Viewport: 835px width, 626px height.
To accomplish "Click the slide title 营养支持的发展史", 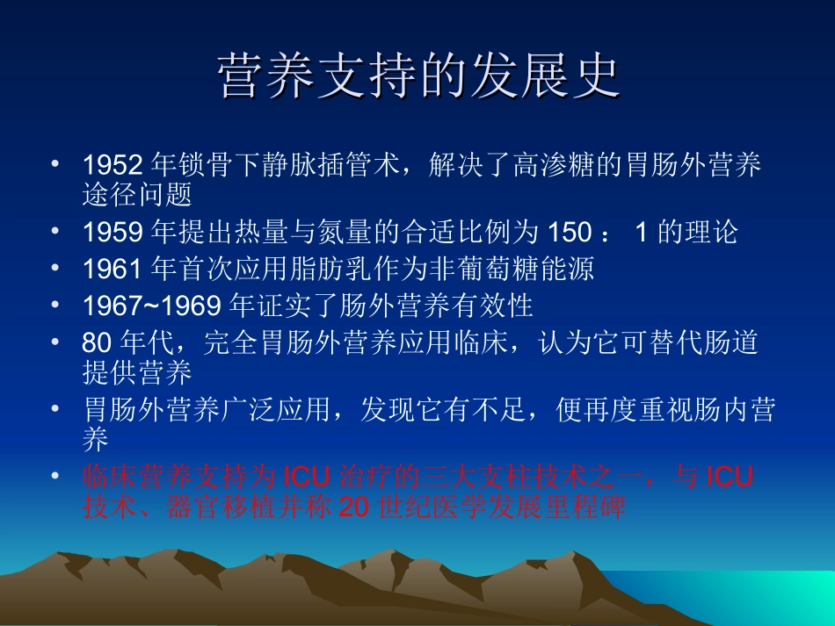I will tap(418, 78).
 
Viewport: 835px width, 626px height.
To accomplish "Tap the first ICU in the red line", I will tap(308, 478).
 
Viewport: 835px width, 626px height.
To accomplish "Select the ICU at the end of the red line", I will tap(731, 478).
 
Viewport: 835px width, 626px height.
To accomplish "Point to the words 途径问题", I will tap(136, 194).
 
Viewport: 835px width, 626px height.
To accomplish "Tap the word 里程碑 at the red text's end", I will tap(593, 508).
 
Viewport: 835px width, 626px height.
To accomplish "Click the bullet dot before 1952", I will tap(55, 164).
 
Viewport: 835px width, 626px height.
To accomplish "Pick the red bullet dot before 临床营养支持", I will tap(55, 477).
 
